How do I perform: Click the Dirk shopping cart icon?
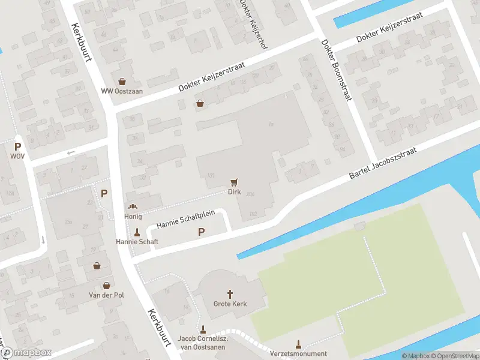234,182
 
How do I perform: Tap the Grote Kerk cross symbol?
230,294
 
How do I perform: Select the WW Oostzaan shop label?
118,91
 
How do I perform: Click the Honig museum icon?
133,206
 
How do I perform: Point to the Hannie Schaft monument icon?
137,232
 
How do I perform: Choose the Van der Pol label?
106,296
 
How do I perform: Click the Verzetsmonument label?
298,354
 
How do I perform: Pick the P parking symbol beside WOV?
18,146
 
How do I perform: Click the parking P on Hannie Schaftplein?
201,232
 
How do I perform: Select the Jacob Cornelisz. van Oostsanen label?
202,342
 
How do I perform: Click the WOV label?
17,156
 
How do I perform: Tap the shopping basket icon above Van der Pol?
97,266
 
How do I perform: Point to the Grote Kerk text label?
230,304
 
